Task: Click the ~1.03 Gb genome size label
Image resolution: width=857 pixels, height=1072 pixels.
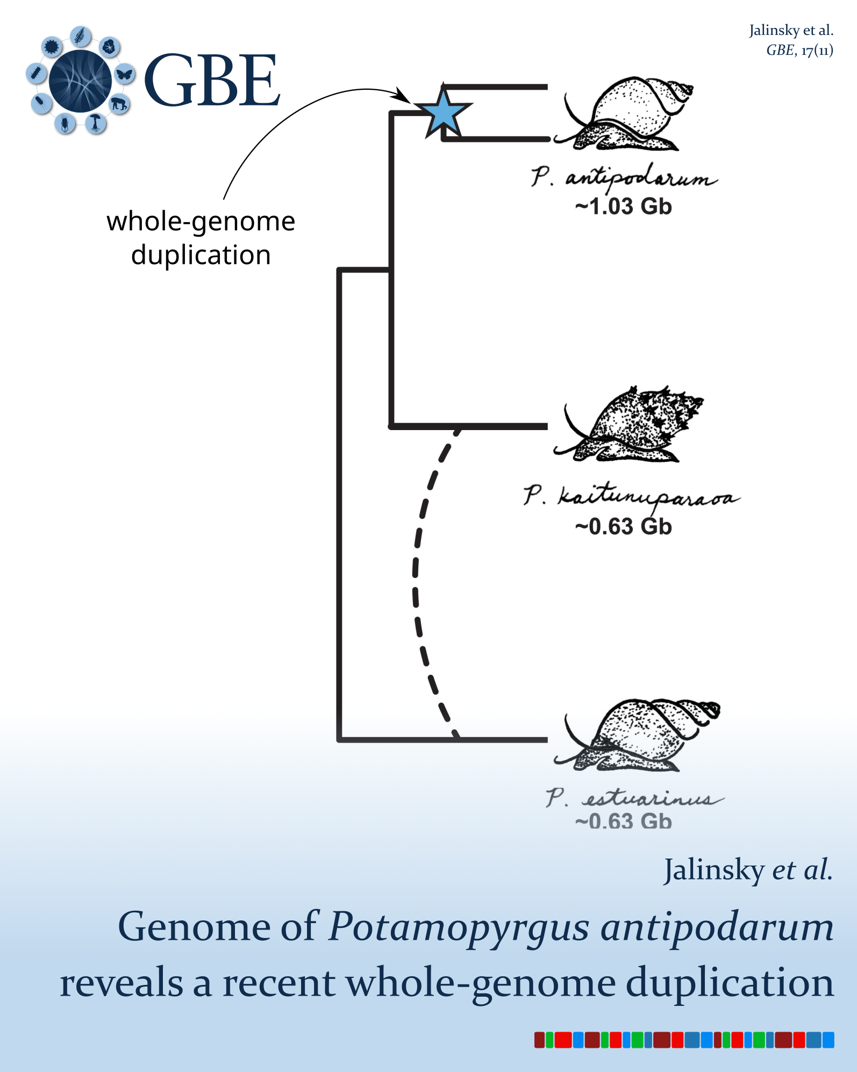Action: pyautogui.click(x=623, y=206)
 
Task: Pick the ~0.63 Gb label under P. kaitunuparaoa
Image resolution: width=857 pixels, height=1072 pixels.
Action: pyautogui.click(x=623, y=527)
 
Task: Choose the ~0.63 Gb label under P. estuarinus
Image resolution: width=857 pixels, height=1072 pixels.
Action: pyautogui.click(x=623, y=821)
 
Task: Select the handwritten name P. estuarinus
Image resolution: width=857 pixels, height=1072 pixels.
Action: pyautogui.click(x=634, y=798)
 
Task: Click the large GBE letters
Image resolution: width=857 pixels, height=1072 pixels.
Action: pyautogui.click(x=212, y=81)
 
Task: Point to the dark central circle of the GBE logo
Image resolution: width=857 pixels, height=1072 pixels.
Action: pyautogui.click(x=80, y=81)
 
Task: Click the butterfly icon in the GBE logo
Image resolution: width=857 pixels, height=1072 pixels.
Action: pyautogui.click(x=125, y=74)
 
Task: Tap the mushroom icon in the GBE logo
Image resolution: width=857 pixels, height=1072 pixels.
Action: pyautogui.click(x=96, y=123)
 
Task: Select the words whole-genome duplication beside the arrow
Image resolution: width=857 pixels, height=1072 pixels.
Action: pyautogui.click(x=201, y=238)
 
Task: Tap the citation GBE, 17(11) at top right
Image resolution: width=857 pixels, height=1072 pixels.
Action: pyautogui.click(x=799, y=50)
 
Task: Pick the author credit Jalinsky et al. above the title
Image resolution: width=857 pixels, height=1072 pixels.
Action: pyautogui.click(x=748, y=870)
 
